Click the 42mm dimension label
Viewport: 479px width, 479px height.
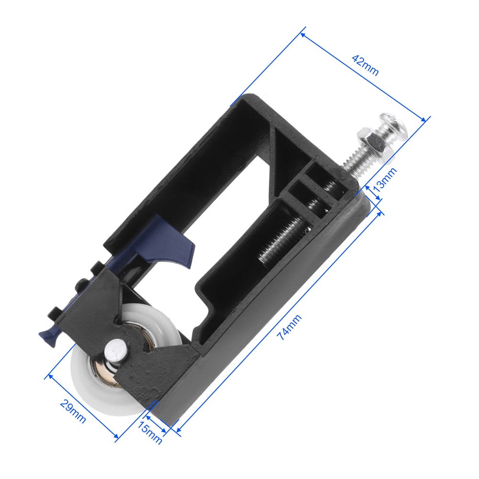(365, 65)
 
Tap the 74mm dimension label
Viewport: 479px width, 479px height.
(289, 327)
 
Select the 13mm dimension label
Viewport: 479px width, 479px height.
(385, 179)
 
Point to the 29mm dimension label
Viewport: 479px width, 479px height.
(73, 411)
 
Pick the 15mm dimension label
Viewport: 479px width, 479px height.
(149, 433)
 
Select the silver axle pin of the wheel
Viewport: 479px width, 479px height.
(115, 352)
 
